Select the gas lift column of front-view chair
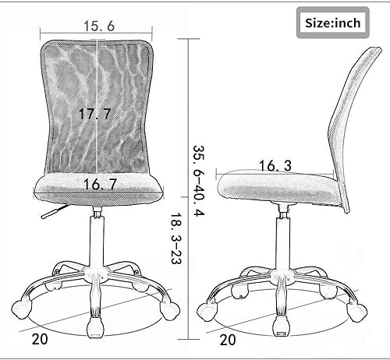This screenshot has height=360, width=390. tap(97, 242)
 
